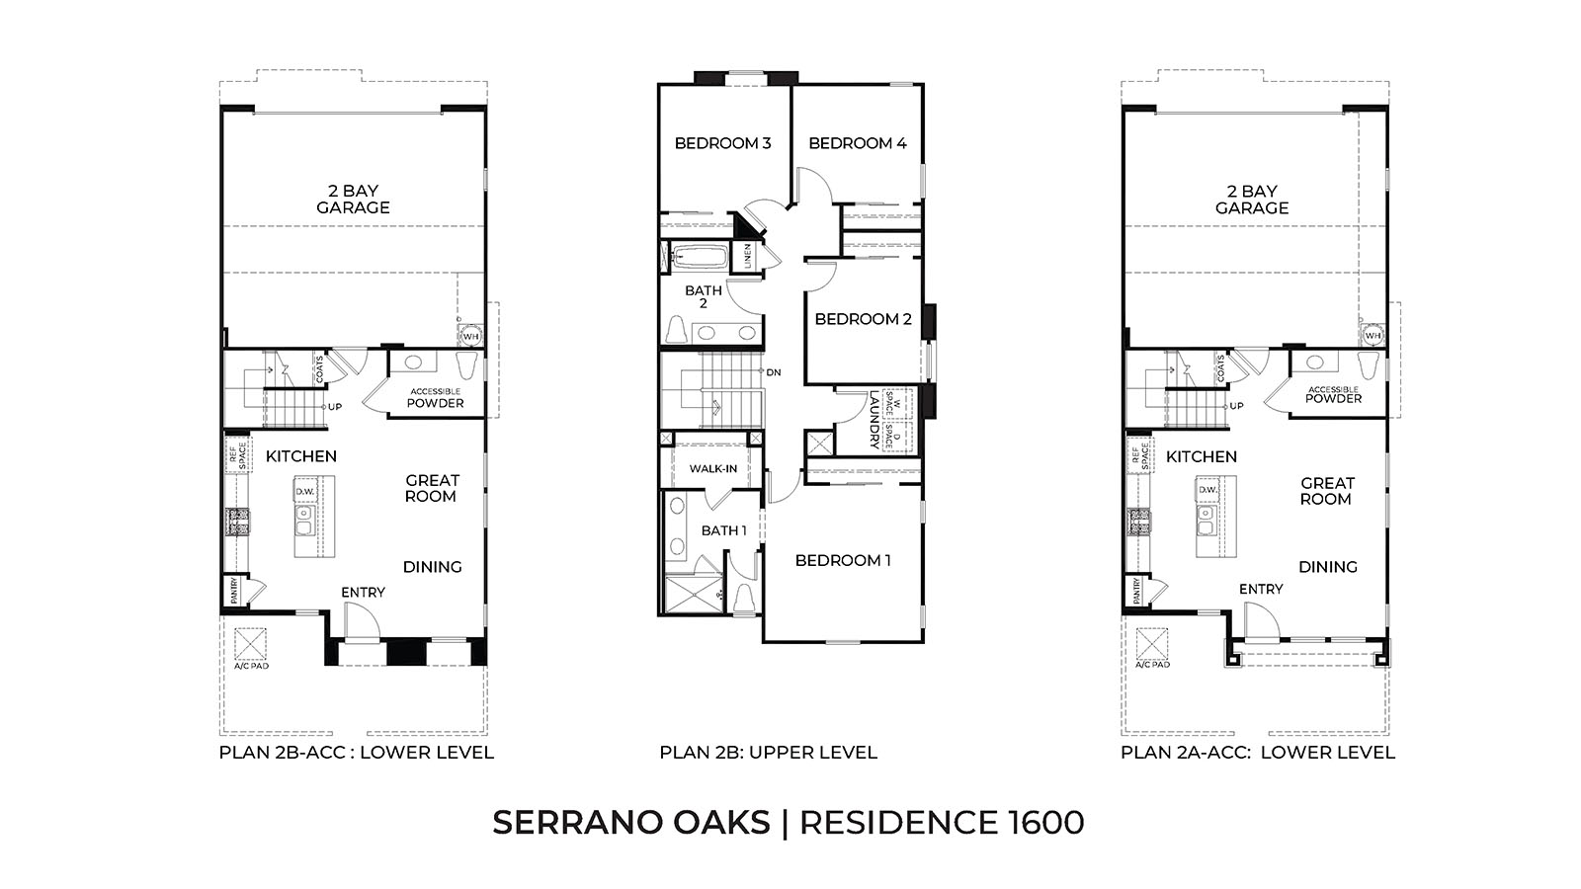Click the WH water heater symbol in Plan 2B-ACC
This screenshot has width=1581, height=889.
click(470, 336)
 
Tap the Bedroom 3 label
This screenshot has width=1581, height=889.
click(722, 143)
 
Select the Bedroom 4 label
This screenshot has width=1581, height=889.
click(857, 143)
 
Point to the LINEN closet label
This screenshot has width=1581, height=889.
click(748, 256)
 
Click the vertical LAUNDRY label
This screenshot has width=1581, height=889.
click(874, 421)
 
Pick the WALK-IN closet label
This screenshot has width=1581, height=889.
click(712, 468)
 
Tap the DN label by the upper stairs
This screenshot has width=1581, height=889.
click(774, 372)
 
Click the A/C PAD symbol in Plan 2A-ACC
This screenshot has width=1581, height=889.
click(1152, 645)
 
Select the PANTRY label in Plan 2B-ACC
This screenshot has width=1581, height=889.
click(234, 591)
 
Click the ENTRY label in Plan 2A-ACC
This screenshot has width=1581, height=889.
click(1261, 589)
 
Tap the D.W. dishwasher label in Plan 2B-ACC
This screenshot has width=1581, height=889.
click(304, 490)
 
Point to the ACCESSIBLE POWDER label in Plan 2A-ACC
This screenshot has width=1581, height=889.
click(1333, 394)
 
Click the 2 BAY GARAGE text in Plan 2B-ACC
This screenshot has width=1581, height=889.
click(353, 200)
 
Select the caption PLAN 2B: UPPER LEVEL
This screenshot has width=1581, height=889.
click(768, 753)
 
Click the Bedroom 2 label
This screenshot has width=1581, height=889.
click(863, 319)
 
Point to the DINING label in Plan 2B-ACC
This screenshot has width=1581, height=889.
click(432, 567)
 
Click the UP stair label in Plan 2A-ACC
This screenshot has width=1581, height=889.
click(1236, 406)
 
